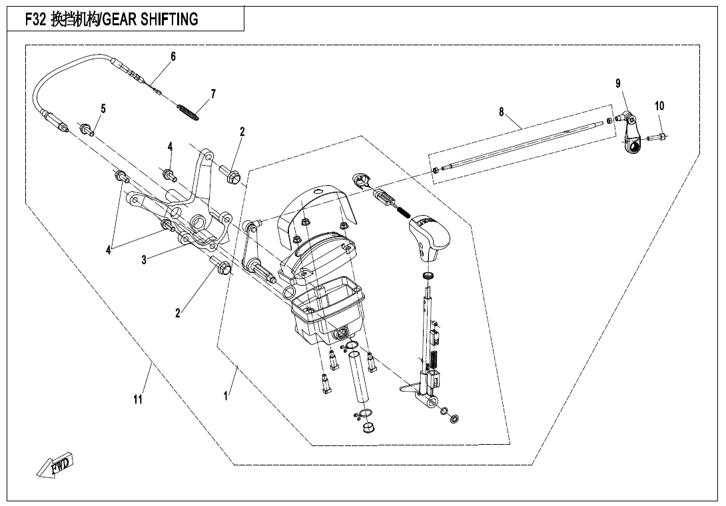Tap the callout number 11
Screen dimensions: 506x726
coord(138,400)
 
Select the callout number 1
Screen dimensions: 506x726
coord(226,395)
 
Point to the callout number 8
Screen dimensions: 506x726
coord(502,112)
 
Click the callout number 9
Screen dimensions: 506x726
coord(618,83)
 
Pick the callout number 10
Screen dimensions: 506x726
coord(659,106)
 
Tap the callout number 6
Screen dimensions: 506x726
coord(173,57)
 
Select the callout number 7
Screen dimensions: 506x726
coord(213,94)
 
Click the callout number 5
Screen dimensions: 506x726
coord(103,109)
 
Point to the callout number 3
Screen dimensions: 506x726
coord(144,260)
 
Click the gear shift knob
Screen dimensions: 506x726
coord(426,238)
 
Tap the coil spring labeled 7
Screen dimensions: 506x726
coord(188,111)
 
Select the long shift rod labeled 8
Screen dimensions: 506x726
coord(520,144)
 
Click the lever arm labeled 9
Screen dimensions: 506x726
coord(633,136)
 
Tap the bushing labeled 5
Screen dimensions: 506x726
coord(87,129)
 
